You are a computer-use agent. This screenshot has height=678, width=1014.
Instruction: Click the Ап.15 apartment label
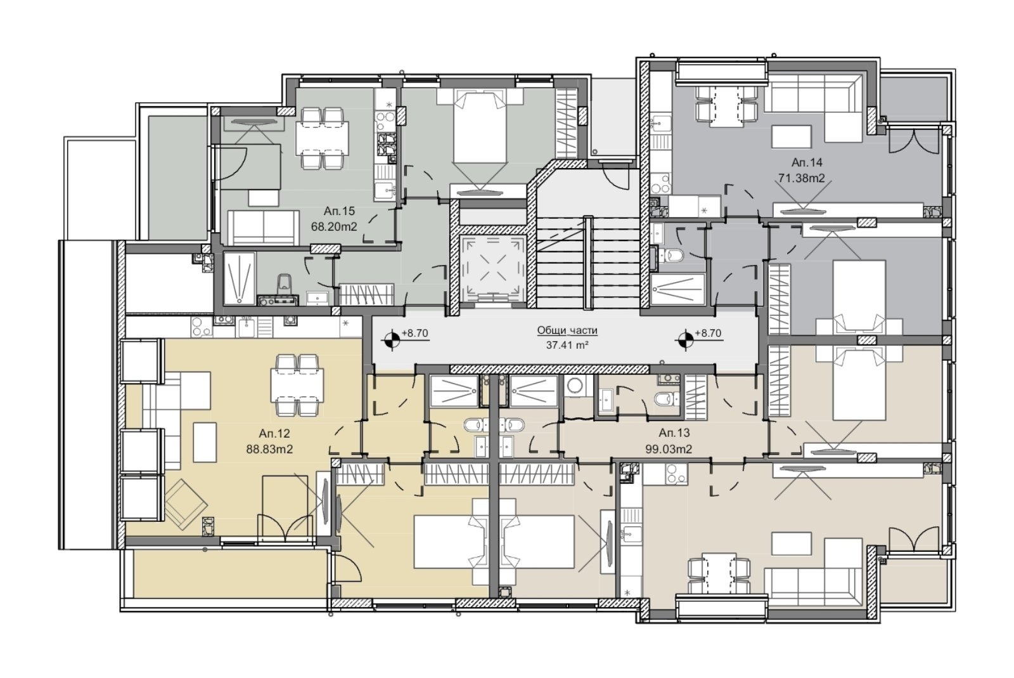coord(339,211)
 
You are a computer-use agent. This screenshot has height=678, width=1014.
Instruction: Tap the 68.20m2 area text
coord(334,226)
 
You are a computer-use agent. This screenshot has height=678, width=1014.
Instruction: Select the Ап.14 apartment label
coord(807,162)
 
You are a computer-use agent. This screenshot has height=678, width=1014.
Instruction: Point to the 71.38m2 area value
coord(802,178)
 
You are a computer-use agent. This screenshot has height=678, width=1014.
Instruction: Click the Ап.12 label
coord(274,433)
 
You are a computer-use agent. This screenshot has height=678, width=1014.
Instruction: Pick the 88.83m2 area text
coord(269,449)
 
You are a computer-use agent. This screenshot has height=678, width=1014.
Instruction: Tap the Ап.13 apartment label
coord(674,433)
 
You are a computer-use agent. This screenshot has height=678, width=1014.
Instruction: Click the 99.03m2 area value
coord(669,449)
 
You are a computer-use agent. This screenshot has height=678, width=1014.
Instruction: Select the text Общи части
coord(567,330)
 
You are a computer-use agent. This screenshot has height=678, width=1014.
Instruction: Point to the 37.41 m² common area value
coord(567,345)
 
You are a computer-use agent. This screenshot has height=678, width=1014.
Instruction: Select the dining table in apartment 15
coord(323,138)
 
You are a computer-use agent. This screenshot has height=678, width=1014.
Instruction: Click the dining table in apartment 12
coord(297,385)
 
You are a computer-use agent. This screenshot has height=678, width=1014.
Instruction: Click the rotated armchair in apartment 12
coord(186,504)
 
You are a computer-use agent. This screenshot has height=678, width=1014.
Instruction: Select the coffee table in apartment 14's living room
coord(792,136)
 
